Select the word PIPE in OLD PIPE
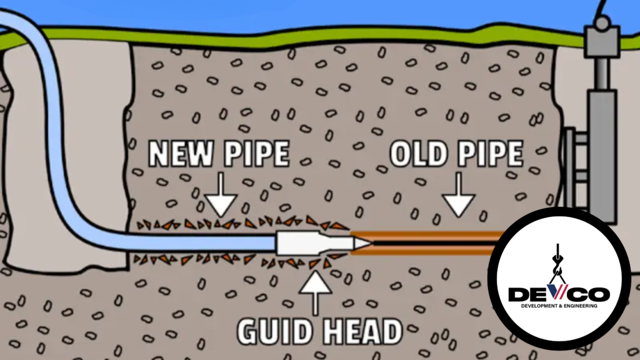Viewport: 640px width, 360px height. [491, 154]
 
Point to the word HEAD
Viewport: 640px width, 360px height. [358, 331]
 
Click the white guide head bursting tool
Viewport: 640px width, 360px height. [300, 242]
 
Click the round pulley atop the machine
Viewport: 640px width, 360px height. [602, 24]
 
